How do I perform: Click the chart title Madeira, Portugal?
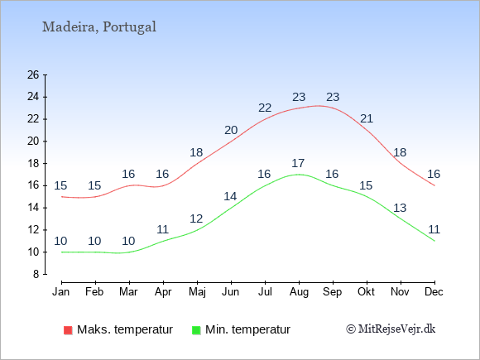(98, 27)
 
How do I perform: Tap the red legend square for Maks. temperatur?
(68, 330)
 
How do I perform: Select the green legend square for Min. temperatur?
(196, 330)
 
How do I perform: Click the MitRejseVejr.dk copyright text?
(391, 329)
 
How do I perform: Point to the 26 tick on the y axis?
(33, 74)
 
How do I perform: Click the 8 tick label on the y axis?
(36, 274)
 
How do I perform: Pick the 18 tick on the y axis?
(33, 163)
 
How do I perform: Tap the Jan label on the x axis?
(61, 292)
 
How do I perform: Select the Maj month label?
(197, 292)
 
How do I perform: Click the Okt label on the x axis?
(366, 292)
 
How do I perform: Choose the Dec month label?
(434, 292)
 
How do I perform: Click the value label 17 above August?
(298, 163)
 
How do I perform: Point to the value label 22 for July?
(265, 108)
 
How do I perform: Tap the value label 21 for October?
(367, 118)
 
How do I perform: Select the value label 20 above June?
(231, 130)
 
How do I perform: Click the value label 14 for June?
(230, 196)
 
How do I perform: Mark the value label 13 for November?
(400, 208)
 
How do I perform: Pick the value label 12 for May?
(196, 218)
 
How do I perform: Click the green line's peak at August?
(299, 175)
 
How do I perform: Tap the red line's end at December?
(434, 185)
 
